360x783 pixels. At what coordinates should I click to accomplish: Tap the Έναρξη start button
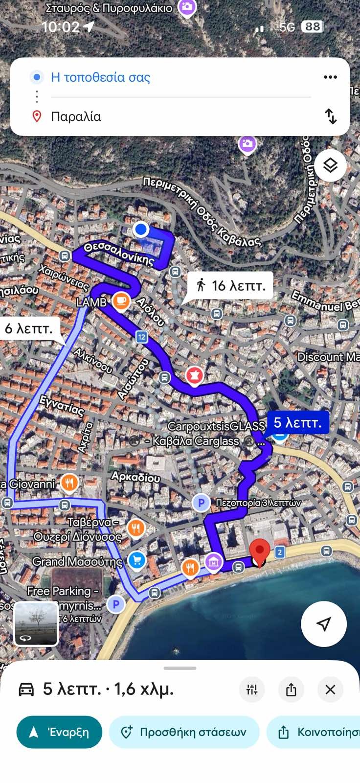click(x=59, y=732)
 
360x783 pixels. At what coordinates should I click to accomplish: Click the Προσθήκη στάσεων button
click(x=184, y=732)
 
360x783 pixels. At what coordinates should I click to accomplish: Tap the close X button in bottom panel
click(x=330, y=690)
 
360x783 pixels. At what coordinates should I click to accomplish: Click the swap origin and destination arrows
click(x=331, y=116)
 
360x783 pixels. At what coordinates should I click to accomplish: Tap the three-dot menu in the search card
click(x=330, y=77)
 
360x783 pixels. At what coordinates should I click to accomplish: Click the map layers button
click(x=330, y=165)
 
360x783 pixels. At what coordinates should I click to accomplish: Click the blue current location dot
click(x=141, y=229)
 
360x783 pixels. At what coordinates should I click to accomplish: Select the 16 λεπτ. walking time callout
click(x=230, y=285)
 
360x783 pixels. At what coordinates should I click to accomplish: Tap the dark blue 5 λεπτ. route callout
click(x=297, y=422)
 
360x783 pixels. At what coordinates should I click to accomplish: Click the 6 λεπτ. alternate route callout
click(x=29, y=328)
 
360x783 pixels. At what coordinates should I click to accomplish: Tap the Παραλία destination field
click(x=76, y=116)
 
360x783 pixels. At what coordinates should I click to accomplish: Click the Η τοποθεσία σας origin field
click(x=100, y=77)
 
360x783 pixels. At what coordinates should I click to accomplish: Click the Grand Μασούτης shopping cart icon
click(x=136, y=561)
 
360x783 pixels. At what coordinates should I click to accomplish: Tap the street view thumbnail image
click(x=36, y=623)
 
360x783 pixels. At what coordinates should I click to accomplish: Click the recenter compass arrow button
click(x=323, y=623)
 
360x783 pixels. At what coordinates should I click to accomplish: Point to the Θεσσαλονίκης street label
click(x=118, y=253)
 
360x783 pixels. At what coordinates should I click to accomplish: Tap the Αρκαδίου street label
click(x=135, y=477)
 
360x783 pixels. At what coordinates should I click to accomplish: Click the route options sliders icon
click(x=252, y=690)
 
